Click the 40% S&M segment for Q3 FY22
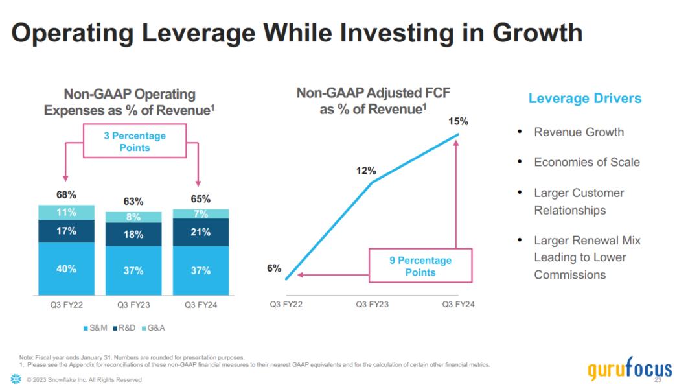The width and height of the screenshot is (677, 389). coord(66,269)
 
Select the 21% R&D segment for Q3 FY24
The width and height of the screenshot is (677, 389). coord(200,232)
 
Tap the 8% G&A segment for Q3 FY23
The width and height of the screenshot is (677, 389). coord(133,217)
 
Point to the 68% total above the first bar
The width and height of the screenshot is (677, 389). coord(66,194)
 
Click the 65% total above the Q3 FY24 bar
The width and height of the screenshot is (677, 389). coord(200,199)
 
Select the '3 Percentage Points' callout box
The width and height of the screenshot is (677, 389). coord(135,141)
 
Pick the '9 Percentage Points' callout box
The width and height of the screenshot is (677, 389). coord(420,266)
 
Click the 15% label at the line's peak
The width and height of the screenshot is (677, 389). coord(458,121)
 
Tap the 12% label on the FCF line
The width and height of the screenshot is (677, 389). coord(365,171)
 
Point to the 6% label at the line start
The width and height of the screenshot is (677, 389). coord(274,268)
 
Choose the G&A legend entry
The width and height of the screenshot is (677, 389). coord(155,328)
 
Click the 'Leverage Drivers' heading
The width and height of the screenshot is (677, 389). coord(585,99)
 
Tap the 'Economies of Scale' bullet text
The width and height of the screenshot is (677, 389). coord(586,162)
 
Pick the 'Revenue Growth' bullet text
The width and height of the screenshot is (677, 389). coord(579,132)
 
